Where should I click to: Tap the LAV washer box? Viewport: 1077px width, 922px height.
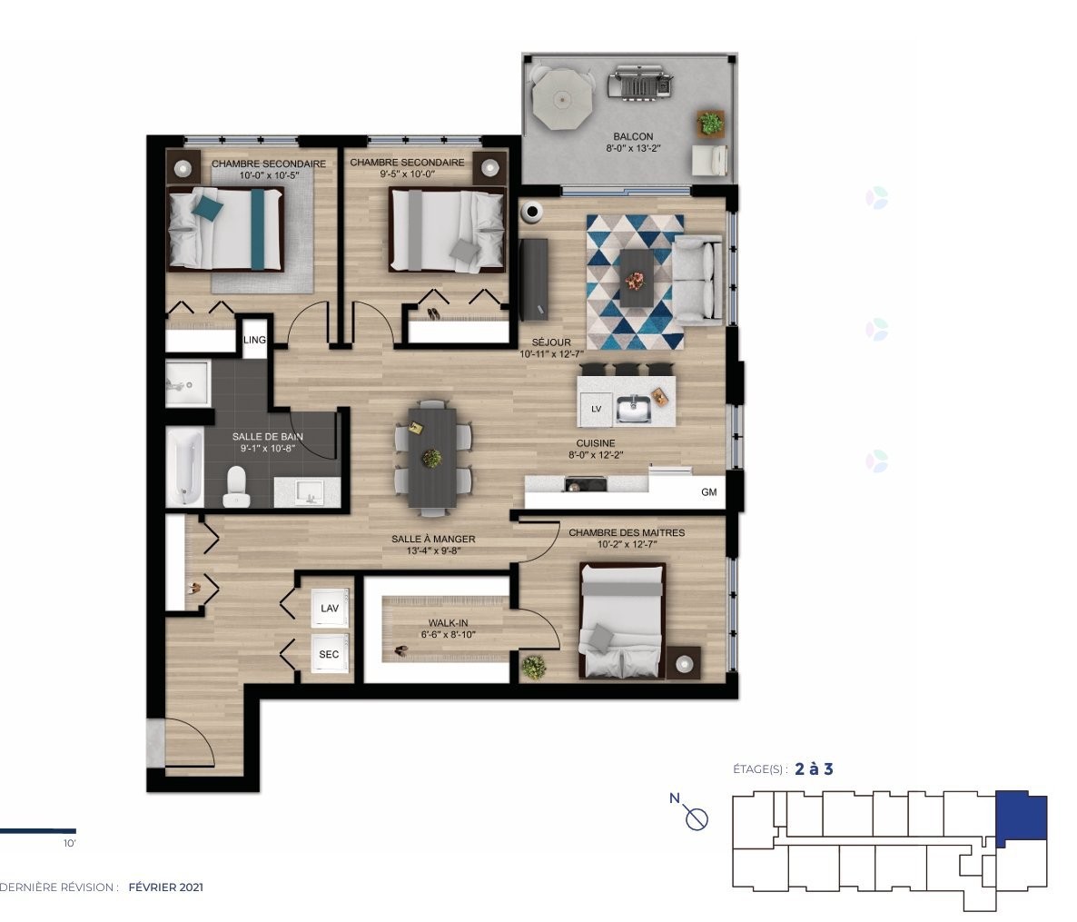click(x=330, y=609)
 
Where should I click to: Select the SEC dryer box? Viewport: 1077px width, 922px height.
click(x=330, y=654)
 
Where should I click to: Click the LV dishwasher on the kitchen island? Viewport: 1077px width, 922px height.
click(x=597, y=409)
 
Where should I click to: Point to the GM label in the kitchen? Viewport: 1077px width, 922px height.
click(x=708, y=493)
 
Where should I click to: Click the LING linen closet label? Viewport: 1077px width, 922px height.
click(x=255, y=341)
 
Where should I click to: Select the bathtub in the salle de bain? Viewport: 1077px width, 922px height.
click(x=184, y=467)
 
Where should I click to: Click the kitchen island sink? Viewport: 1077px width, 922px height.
click(x=634, y=410)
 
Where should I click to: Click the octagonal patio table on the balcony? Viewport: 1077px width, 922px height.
click(x=561, y=99)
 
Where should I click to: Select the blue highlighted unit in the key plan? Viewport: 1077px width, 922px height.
click(x=1022, y=817)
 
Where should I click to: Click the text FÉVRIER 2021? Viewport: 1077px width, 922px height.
click(x=166, y=887)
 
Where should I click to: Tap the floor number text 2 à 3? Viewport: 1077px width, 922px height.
click(x=814, y=768)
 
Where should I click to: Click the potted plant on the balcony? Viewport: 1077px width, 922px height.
click(x=710, y=122)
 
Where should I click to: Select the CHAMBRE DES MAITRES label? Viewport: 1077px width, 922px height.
click(x=627, y=532)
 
